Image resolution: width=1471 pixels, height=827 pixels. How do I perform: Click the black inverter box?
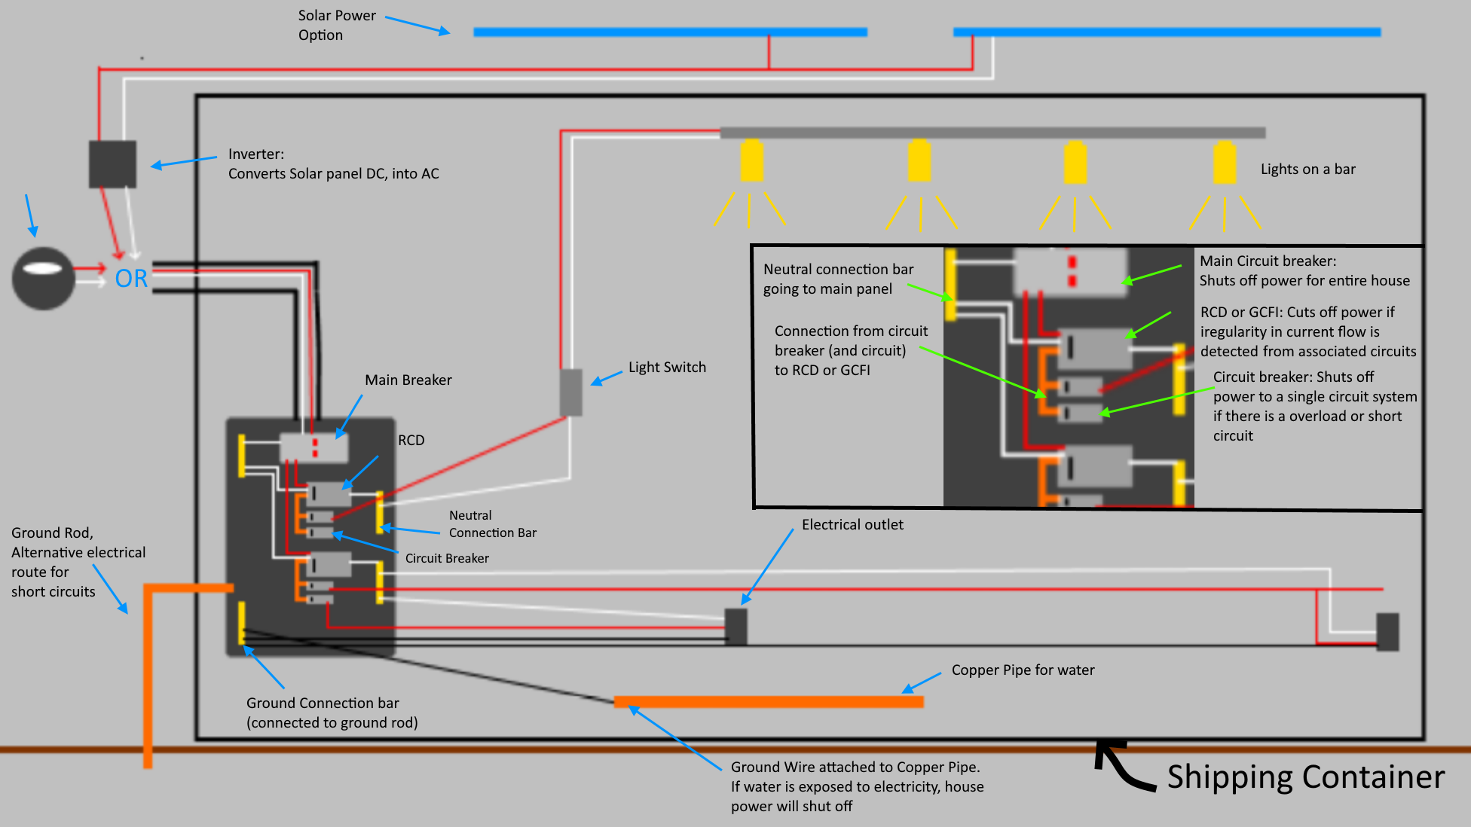(x=112, y=163)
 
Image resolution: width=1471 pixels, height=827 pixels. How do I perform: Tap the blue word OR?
(x=131, y=279)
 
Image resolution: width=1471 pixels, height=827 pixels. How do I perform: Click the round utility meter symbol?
(x=43, y=278)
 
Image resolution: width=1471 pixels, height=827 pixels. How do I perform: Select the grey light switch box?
(x=571, y=392)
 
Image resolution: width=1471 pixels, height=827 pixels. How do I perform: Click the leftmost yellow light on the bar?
(x=751, y=160)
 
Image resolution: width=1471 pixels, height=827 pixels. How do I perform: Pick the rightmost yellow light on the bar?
(x=1225, y=162)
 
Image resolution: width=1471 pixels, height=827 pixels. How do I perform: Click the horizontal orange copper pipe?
(x=769, y=702)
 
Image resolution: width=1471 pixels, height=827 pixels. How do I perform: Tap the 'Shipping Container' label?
(x=1305, y=777)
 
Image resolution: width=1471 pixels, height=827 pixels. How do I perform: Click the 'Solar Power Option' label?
(x=336, y=25)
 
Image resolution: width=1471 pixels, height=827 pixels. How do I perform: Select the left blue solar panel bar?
(x=670, y=32)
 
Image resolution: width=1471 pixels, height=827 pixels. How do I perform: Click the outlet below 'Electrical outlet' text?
(x=735, y=627)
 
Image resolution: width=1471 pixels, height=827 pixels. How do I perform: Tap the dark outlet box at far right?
(x=1387, y=631)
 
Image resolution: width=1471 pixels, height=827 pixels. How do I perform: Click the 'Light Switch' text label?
(x=667, y=368)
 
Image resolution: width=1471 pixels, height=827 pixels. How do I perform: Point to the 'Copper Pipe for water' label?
(x=1023, y=670)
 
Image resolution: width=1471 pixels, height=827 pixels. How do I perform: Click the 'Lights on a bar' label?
(x=1307, y=169)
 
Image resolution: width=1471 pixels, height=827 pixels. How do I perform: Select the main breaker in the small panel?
(x=313, y=447)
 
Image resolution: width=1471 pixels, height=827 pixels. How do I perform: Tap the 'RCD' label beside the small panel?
(x=411, y=440)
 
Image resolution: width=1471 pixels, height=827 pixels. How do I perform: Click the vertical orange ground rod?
(x=148, y=678)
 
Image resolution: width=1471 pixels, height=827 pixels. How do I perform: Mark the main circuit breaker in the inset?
(x=1070, y=271)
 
